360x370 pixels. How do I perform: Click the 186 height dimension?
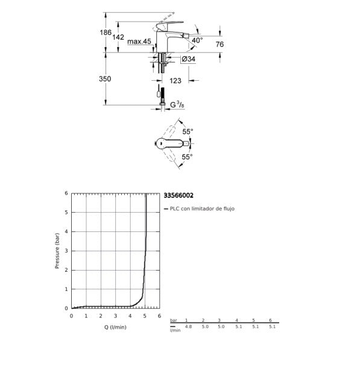coord(106,33)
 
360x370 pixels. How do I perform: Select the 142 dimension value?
coord(118,37)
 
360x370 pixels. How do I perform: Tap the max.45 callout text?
coord(139,42)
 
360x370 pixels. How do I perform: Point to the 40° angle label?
coord(197,40)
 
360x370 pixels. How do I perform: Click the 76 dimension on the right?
coord(219,44)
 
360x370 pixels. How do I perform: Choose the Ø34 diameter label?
coord(188,59)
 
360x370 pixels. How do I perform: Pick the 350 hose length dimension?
coord(105,78)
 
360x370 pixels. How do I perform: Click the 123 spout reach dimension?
coord(175,81)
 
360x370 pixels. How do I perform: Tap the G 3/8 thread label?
coord(177,105)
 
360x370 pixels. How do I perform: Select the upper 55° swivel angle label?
coord(188,132)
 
